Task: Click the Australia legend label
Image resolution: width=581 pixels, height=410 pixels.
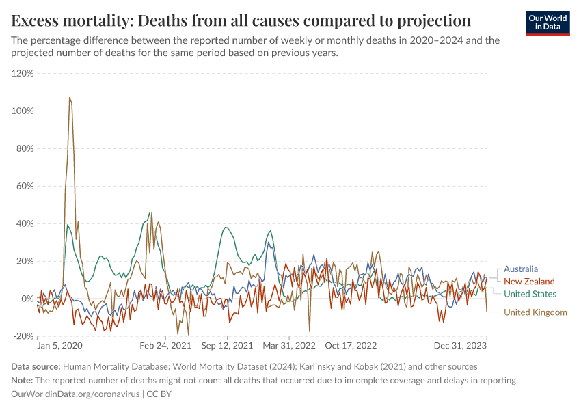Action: pyautogui.click(x=520, y=269)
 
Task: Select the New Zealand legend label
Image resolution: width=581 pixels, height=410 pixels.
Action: pyautogui.click(x=529, y=282)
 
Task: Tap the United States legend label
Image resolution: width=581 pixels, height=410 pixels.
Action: pyautogui.click(x=530, y=294)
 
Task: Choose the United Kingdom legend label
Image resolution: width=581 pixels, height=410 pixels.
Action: pyautogui.click(x=535, y=312)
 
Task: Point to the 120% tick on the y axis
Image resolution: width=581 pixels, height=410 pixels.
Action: pyautogui.click(x=23, y=73)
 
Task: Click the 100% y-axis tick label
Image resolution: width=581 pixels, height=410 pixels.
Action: pyautogui.click(x=23, y=111)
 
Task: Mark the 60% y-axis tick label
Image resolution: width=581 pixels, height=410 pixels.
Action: pyautogui.click(x=25, y=186)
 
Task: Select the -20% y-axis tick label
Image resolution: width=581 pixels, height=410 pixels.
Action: pyautogui.click(x=23, y=336)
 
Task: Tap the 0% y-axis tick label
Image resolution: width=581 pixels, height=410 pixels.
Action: pyautogui.click(x=27, y=299)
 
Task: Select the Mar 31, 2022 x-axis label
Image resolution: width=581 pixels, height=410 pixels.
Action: pyautogui.click(x=290, y=346)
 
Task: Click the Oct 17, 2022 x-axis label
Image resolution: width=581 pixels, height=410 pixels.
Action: pyautogui.click(x=351, y=346)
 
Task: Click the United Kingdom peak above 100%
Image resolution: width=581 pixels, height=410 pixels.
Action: pyautogui.click(x=70, y=98)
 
